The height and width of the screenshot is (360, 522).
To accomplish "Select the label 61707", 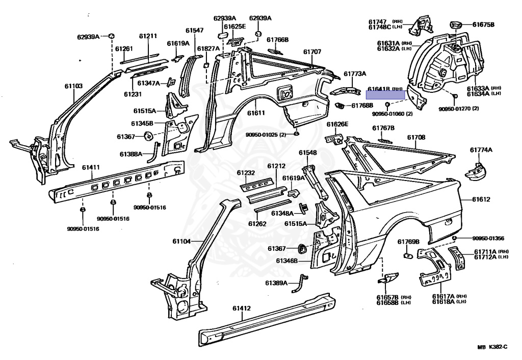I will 312,52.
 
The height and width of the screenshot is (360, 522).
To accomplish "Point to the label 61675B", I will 483,24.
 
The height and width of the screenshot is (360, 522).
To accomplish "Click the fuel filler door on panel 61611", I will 283,92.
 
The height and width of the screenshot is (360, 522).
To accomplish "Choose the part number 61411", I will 91,167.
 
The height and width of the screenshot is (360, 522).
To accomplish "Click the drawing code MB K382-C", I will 492,347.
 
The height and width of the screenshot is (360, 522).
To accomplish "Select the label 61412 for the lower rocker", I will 242,308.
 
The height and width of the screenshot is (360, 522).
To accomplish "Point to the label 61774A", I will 481,150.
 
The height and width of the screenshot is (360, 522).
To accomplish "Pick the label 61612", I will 481,199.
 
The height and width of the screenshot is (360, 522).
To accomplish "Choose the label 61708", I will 416,138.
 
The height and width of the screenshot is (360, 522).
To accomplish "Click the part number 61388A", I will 131,154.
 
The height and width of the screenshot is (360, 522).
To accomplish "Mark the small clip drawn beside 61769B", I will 408,255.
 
